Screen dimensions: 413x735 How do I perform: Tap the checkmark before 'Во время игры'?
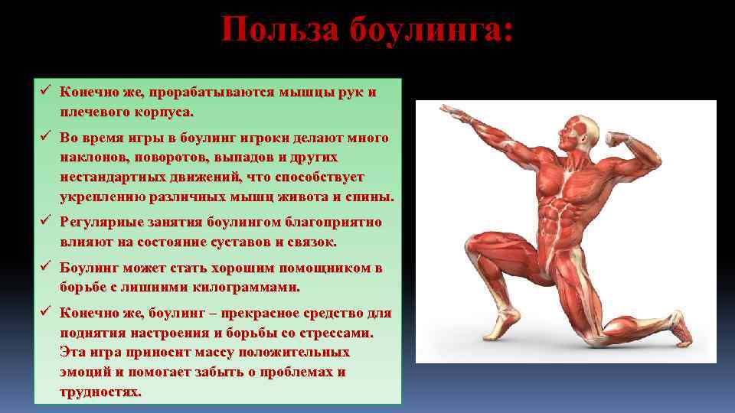coord(45,138)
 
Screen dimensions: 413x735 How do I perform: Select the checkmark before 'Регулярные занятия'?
coord(45,223)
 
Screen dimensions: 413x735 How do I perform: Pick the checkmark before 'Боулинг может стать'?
coord(45,268)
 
